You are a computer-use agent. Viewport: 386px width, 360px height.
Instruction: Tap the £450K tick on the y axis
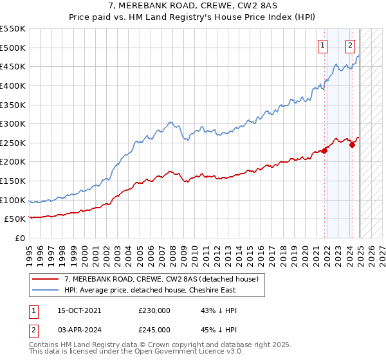pyautogui.click(x=13, y=66)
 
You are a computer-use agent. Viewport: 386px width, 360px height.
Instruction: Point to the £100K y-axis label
pyautogui.click(x=13, y=200)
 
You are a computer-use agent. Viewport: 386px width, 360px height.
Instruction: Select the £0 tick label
pyautogui.click(x=21, y=238)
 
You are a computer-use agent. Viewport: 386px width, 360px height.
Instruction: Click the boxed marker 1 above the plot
pyautogui.click(x=322, y=45)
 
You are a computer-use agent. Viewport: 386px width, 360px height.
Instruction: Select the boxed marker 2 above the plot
pyautogui.click(x=350, y=45)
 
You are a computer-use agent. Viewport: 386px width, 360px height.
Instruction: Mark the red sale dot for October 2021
pyautogui.click(x=324, y=150)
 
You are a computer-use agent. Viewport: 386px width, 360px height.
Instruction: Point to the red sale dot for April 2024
pyautogui.click(x=352, y=145)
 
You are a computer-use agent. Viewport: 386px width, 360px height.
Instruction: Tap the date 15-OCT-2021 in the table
pyautogui.click(x=79, y=310)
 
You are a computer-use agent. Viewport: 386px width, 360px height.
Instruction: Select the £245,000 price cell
pyautogui.click(x=154, y=329)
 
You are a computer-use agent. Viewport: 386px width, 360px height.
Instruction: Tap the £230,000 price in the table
pyautogui.click(x=154, y=310)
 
